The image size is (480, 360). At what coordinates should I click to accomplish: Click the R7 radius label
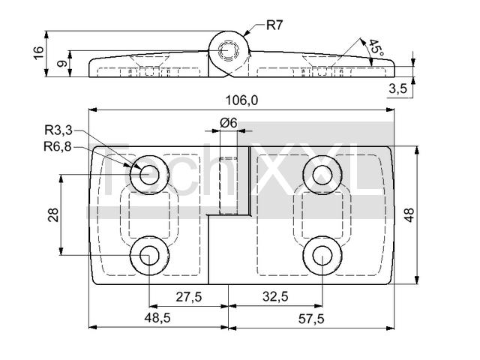point(274,25)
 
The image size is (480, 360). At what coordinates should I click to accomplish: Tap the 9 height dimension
point(61,64)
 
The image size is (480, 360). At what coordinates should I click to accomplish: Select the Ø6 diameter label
point(228,122)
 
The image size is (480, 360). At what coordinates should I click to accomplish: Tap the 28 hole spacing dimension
point(53,215)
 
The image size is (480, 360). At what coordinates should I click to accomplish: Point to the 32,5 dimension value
point(274,296)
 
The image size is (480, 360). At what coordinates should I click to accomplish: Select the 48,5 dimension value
point(157,319)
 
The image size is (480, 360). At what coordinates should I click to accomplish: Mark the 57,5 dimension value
point(310,319)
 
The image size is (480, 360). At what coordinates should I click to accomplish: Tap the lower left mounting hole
point(147,256)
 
